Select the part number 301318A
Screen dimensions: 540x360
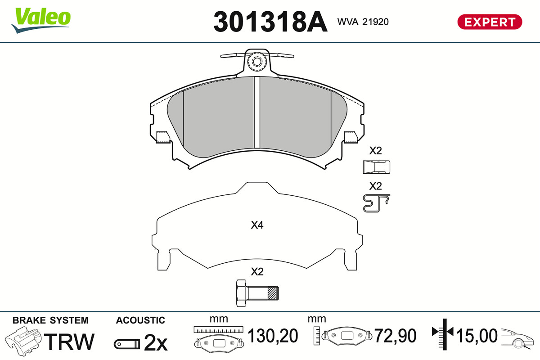(270, 22)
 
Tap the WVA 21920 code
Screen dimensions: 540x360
(363, 22)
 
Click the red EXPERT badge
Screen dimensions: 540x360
(490, 22)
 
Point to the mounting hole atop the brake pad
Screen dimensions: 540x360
(257, 62)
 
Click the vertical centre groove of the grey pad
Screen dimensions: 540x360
(257, 112)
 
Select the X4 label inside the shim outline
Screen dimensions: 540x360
(257, 225)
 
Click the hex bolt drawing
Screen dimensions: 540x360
(257, 293)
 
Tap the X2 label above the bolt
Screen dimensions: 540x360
(257, 272)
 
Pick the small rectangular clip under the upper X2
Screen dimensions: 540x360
(376, 167)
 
